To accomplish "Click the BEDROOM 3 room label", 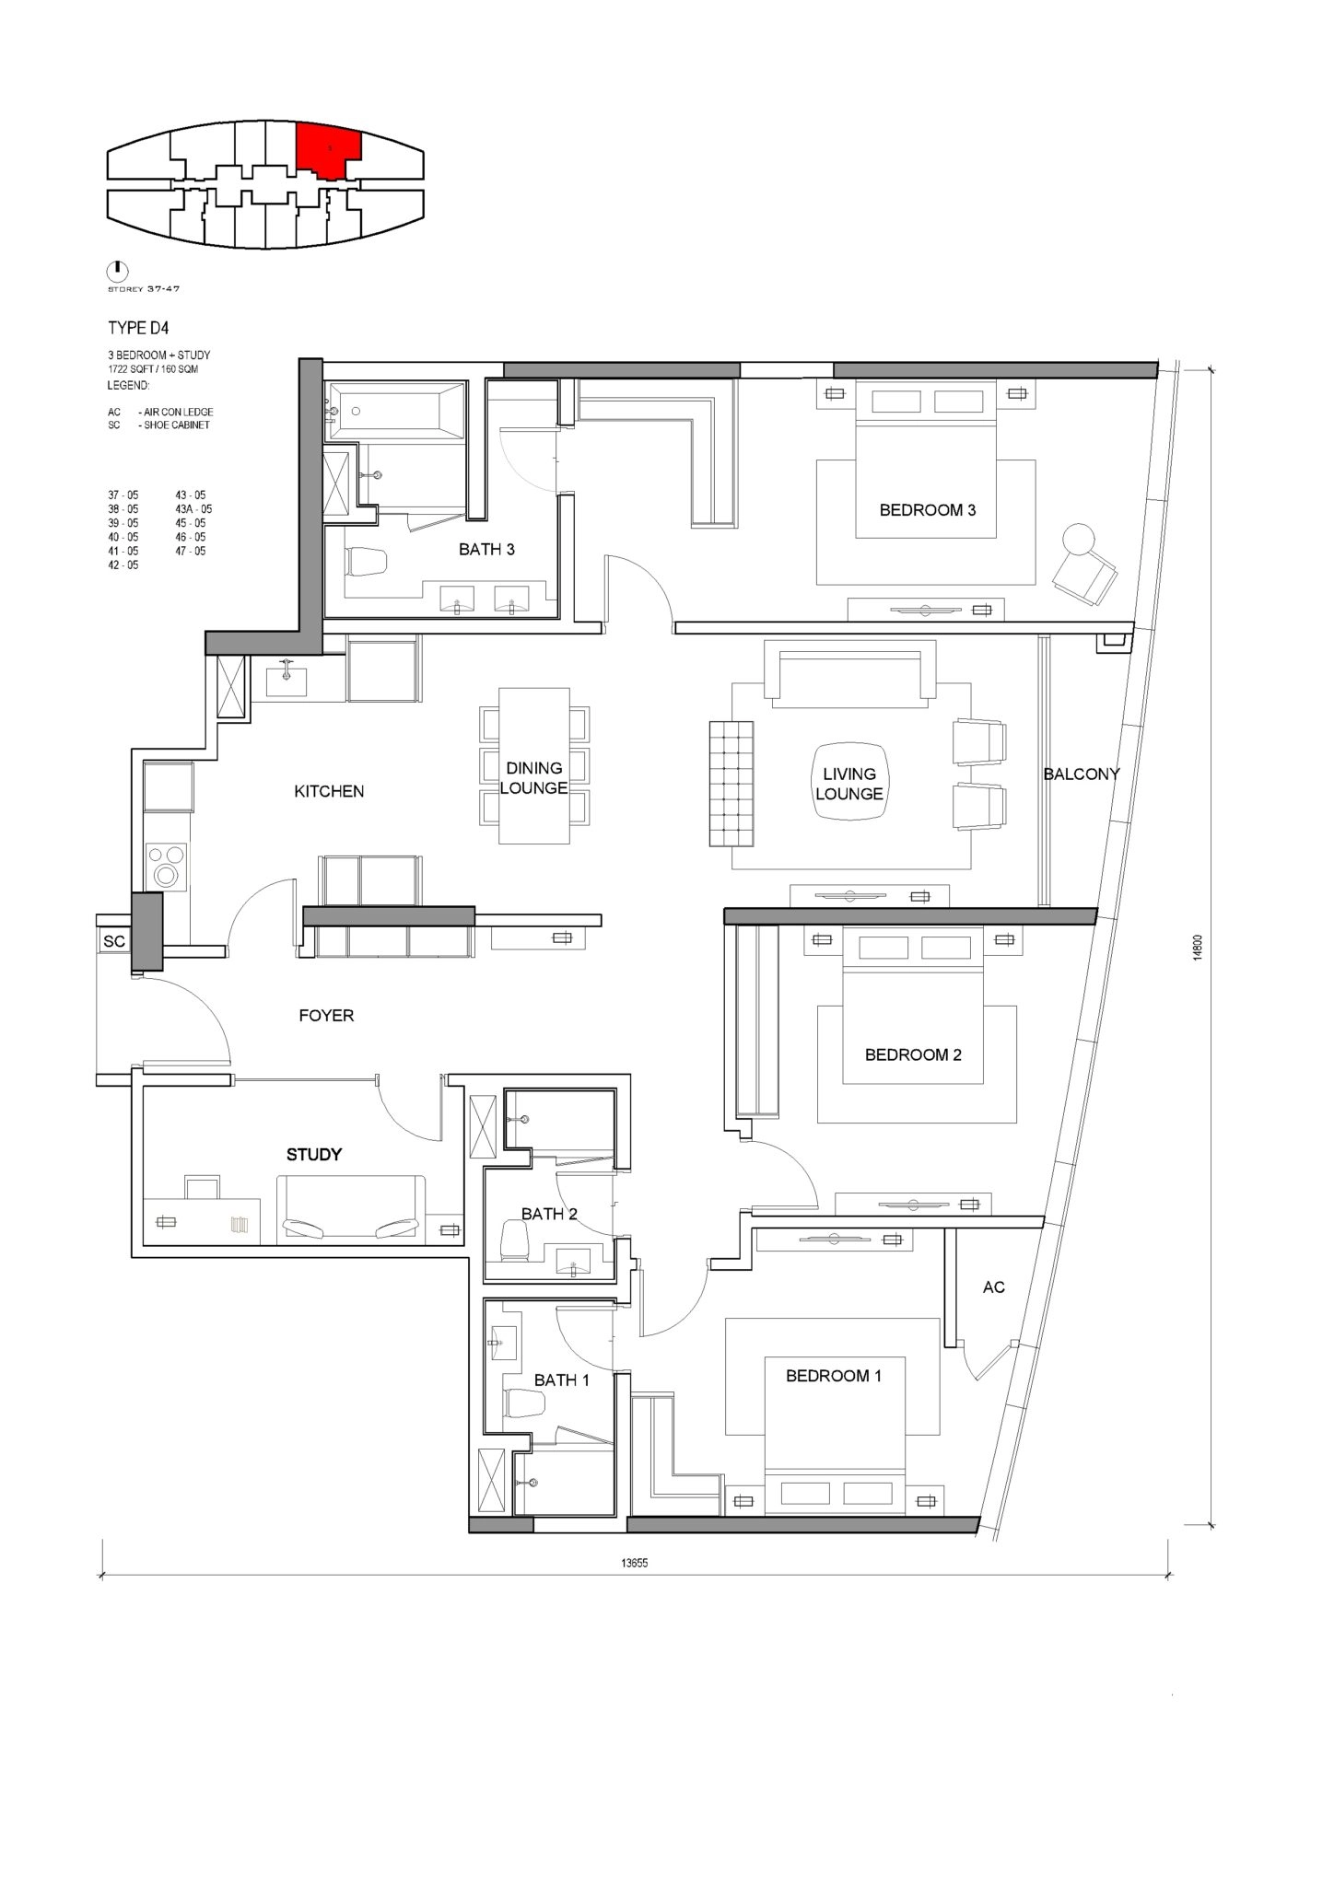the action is [x=927, y=509].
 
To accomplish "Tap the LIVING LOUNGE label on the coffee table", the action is [x=848, y=784].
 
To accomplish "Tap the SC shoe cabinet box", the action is [x=114, y=941].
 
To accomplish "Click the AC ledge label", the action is [x=993, y=1286].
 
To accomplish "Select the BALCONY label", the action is [x=1081, y=774].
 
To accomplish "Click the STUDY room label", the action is [x=314, y=1154].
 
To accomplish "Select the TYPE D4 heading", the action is [x=138, y=327].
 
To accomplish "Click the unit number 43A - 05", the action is [x=193, y=508].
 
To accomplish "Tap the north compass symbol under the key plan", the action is [x=117, y=271].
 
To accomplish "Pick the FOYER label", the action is [x=326, y=1015].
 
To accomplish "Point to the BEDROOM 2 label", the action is [x=913, y=1054].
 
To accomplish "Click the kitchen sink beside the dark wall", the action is [x=287, y=680].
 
